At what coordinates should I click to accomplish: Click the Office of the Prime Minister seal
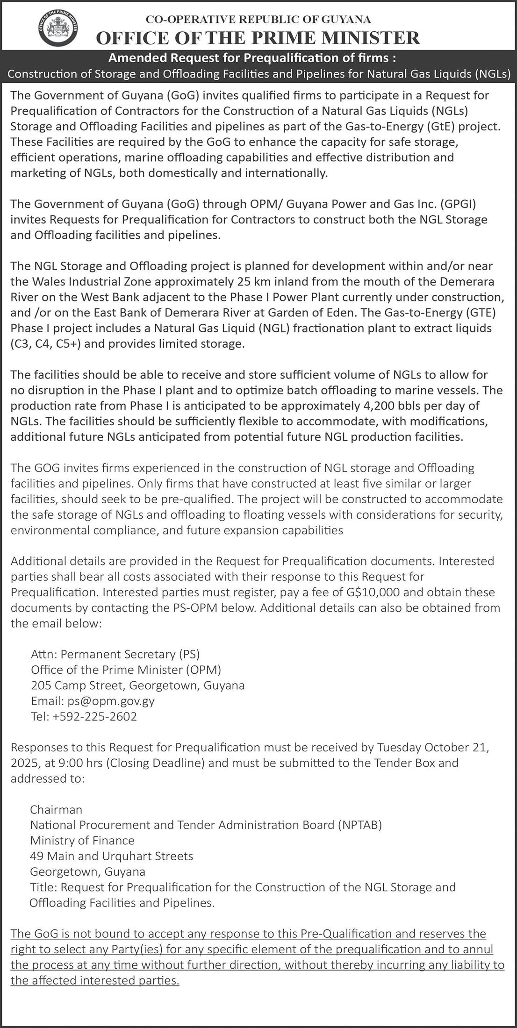[57, 29]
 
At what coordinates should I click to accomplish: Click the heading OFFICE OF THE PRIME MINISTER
[258, 37]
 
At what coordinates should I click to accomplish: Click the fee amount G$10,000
[373, 592]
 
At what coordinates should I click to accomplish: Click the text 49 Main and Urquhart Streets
[111, 856]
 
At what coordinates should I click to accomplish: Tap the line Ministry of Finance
[82, 841]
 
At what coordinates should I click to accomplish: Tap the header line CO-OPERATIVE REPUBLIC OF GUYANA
[258, 20]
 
